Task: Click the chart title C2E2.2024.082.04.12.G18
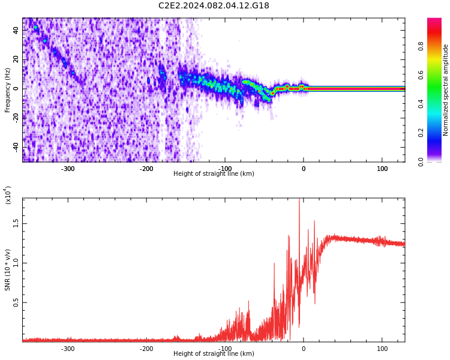coord(214,6)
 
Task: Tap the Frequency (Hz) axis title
coord(8,90)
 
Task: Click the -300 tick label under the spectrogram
coord(68,169)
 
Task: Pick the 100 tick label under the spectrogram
coord(382,169)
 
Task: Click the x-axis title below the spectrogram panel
coord(214,174)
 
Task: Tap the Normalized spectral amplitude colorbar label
coord(446,90)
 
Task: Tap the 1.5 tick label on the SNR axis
coord(16,223)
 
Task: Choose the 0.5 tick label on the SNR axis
coord(16,302)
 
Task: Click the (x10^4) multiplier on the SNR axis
coord(8,195)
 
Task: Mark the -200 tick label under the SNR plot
coord(146,349)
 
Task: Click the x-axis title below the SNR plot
coord(214,354)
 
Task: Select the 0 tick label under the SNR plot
coord(304,349)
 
